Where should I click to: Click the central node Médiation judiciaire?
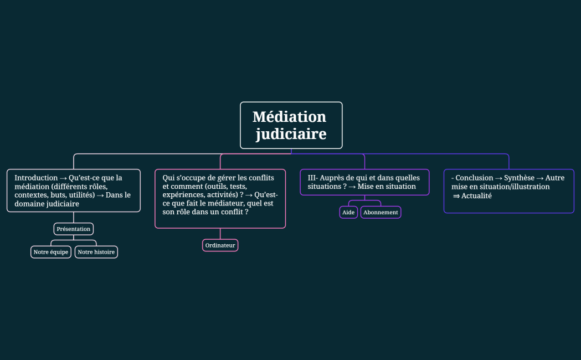tap(291, 125)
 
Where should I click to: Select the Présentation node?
tap(73, 229)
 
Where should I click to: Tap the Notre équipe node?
tap(51, 252)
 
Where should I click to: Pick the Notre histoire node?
tap(96, 252)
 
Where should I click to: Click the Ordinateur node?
tap(220, 245)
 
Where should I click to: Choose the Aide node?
tap(348, 212)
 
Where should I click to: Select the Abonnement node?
tap(381, 212)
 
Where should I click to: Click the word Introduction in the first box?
tap(36, 178)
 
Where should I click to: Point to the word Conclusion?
tap(474, 178)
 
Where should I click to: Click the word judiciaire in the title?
tap(291, 134)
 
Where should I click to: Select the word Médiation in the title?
tap(289, 117)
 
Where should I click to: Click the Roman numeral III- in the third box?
tap(313, 178)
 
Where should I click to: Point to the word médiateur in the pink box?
tap(225, 203)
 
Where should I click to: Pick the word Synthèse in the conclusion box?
tap(519, 178)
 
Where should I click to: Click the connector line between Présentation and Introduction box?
tap(74, 217)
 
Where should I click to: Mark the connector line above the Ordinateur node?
tap(220, 234)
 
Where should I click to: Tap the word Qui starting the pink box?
tap(168, 178)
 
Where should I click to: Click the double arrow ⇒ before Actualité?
tap(456, 196)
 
